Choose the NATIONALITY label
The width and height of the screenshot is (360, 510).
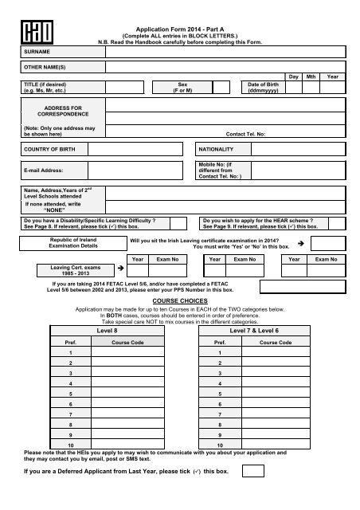[217, 149]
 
